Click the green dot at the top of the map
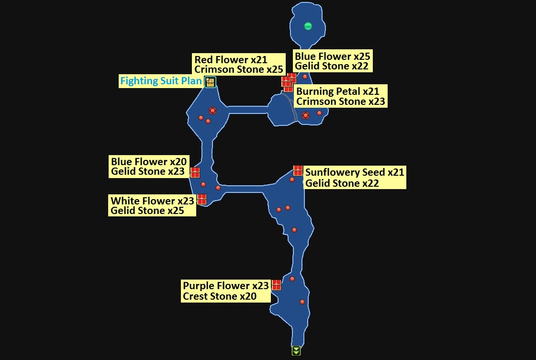308,26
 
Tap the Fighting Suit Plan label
161,81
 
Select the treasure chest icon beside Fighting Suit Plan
210,82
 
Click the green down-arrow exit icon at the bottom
296,351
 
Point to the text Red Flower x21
231,59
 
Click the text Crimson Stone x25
239,69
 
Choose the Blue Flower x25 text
333,56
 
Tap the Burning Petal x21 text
338,91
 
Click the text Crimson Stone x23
340,101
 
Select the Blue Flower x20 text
149,161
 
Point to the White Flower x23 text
152,201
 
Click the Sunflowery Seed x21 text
355,172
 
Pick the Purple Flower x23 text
226,286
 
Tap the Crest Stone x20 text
220,296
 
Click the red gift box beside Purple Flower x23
276,285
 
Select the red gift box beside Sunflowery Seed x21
298,170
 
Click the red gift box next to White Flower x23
201,199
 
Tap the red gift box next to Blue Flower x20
195,172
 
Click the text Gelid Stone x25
147,211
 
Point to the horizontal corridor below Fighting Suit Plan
247,110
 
